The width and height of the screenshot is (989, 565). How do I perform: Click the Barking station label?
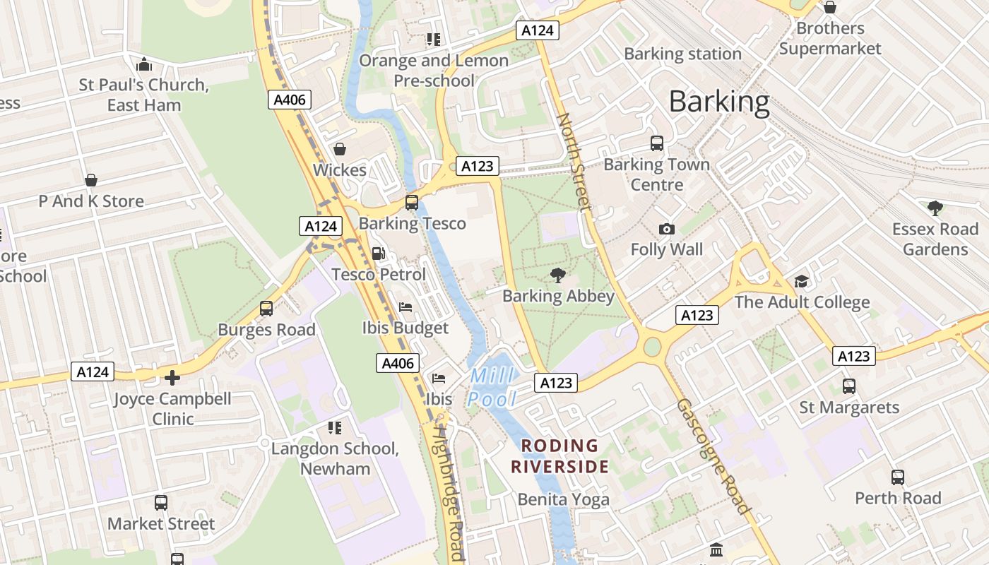point(682,54)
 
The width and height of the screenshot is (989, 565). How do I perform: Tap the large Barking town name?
point(718,102)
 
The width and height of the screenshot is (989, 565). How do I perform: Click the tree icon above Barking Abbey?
point(558,275)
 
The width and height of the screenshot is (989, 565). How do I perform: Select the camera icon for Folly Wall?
point(666,229)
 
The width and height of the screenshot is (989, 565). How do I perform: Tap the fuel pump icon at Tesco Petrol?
point(379,254)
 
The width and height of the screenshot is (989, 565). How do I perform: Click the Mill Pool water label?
point(492,387)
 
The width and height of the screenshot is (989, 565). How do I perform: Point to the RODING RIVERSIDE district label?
point(559,456)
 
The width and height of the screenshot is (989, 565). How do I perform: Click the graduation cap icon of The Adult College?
point(801,282)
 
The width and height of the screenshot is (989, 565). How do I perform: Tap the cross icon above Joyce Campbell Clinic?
point(172,378)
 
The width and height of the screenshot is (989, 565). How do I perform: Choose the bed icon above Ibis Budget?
point(405,307)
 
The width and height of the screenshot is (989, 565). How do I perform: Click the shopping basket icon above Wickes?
point(340,149)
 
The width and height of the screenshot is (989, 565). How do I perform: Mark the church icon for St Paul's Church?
point(144,65)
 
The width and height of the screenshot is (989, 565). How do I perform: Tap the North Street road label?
point(573,162)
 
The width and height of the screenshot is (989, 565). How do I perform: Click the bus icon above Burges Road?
point(266,309)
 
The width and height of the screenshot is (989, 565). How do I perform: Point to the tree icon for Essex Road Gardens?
point(935,208)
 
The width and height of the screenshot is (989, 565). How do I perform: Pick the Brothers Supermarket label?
point(830,38)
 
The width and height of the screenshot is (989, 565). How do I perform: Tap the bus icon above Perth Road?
point(897,477)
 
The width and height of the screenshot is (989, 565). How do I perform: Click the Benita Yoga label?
point(563,500)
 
